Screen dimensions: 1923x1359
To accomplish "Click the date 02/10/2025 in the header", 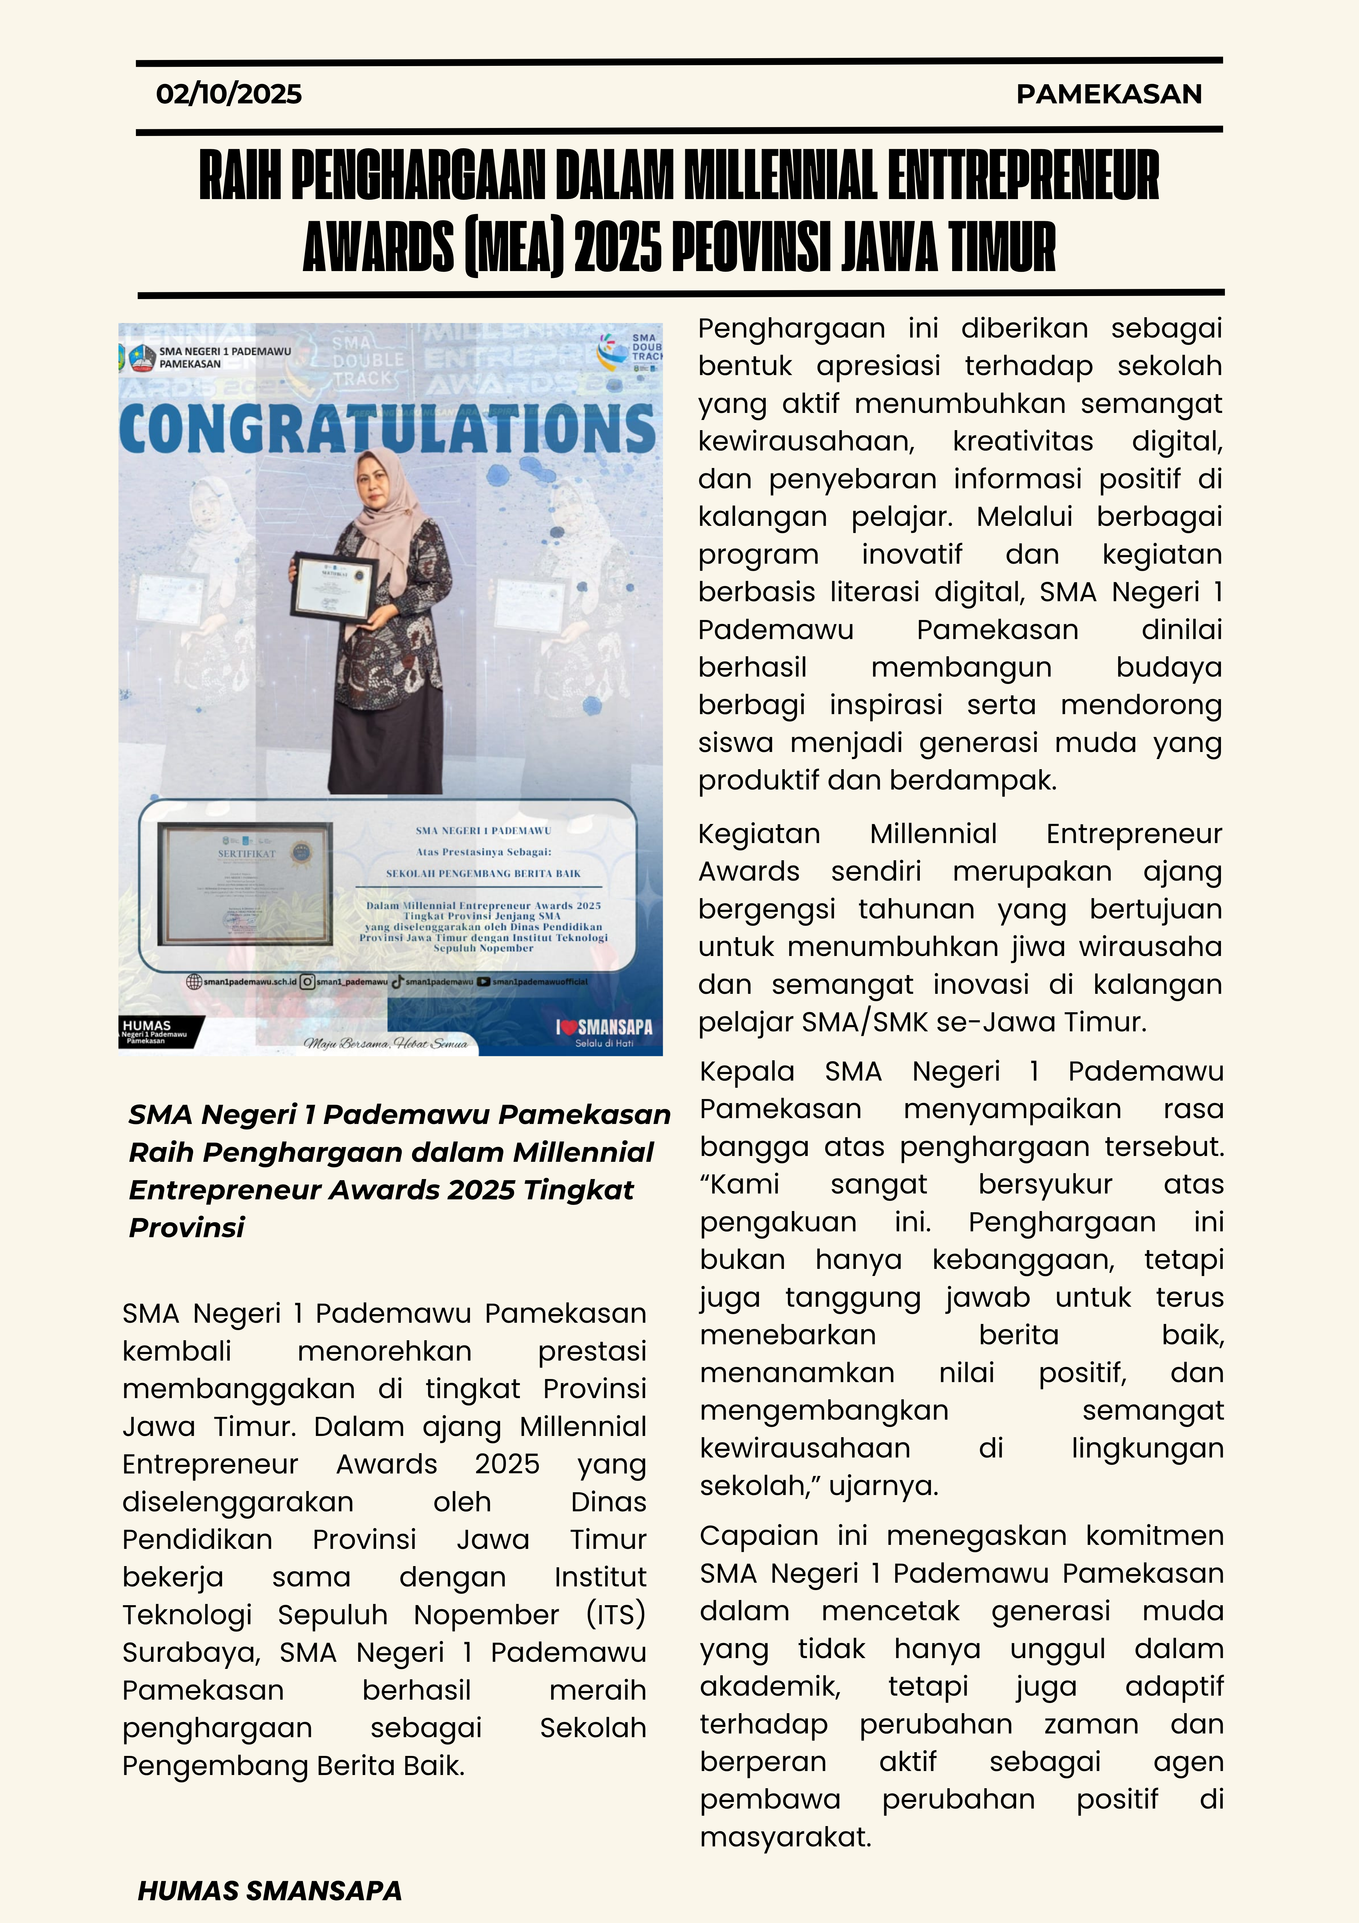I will tap(228, 94).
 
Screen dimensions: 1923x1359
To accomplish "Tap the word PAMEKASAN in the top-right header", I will tap(1109, 94).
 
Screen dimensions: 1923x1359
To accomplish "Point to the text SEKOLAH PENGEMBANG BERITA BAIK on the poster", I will tap(483, 873).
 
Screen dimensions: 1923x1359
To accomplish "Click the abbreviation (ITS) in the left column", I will tap(615, 1614).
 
